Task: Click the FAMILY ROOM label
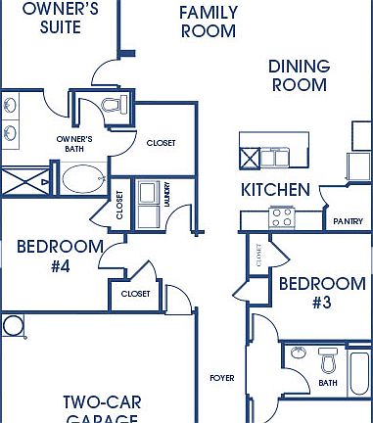(x=208, y=22)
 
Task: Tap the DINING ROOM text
(x=298, y=75)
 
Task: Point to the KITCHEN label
(x=276, y=189)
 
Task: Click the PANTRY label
(x=348, y=221)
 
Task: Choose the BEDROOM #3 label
(x=322, y=293)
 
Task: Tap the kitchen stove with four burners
(x=283, y=216)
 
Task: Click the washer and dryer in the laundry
(x=150, y=204)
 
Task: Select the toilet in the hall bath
(x=327, y=363)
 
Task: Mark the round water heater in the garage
(x=15, y=326)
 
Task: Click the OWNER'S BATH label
(x=74, y=144)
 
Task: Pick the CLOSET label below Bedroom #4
(x=136, y=293)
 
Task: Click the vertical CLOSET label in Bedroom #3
(x=258, y=256)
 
